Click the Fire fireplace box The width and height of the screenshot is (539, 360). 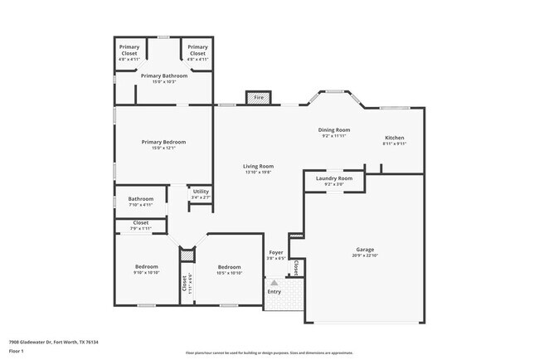tap(259, 98)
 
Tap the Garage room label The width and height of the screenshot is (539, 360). tap(365, 250)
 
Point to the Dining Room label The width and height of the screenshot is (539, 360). tap(335, 130)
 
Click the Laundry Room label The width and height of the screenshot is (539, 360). tap(333, 178)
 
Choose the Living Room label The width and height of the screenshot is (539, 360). tap(259, 167)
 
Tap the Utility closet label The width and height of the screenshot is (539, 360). tap(201, 192)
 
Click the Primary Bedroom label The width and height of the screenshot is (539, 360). tap(163, 143)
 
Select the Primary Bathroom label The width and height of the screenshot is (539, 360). tap(163, 76)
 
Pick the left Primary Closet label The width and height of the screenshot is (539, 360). tap(129, 50)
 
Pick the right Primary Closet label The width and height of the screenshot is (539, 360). tap(197, 50)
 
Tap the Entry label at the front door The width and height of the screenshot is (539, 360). tap(274, 291)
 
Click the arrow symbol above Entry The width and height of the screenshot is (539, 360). tap(274, 282)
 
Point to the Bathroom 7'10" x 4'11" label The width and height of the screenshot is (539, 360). tap(141, 200)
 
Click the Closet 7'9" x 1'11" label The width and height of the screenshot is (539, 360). tap(141, 224)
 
